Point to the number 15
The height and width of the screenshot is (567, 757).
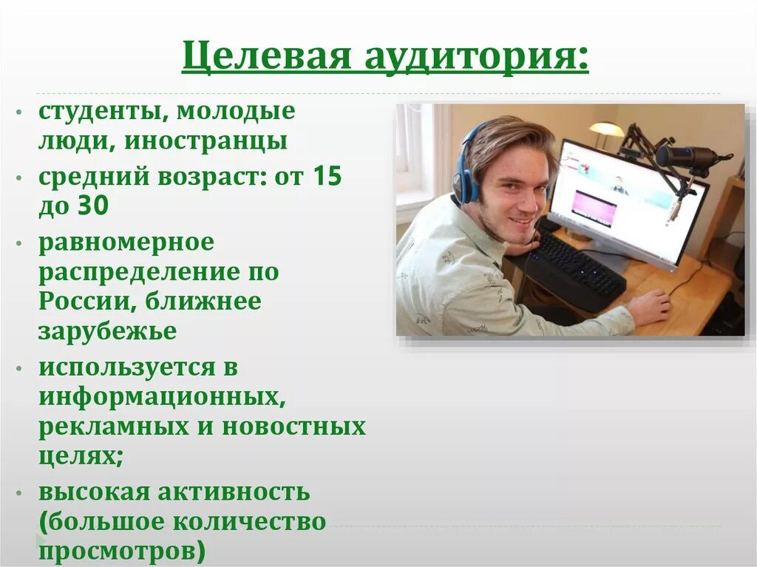point(327,177)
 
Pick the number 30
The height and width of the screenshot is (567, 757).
point(92,206)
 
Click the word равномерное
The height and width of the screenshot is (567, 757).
point(126,242)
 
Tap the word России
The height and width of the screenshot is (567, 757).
point(85,302)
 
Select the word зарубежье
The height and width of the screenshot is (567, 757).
point(107,331)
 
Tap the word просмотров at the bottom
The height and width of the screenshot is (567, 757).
point(122,551)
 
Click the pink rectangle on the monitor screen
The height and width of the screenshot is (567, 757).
point(595,208)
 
